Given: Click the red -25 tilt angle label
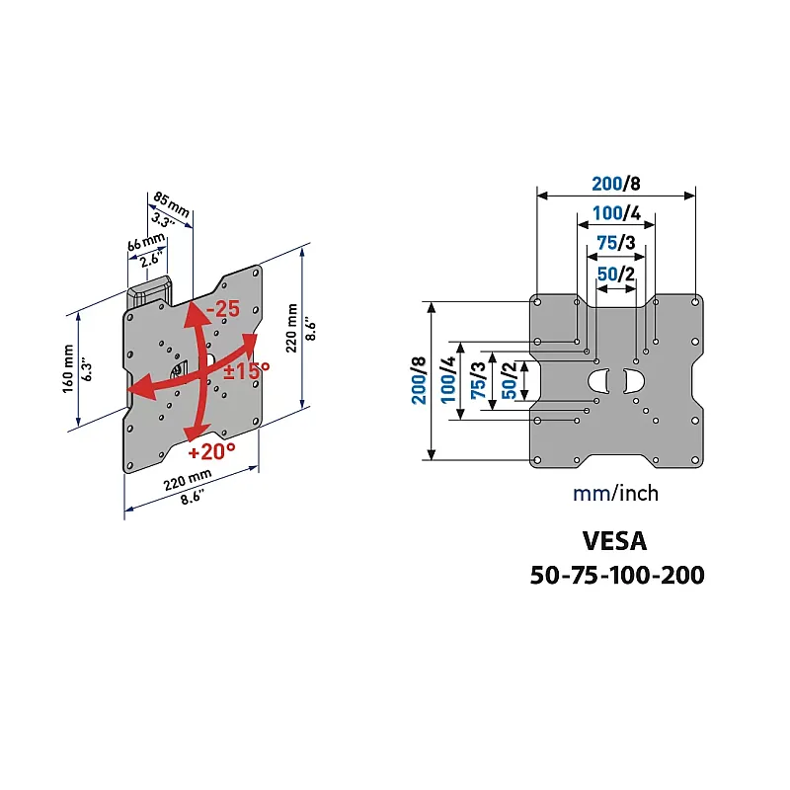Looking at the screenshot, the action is (223, 309).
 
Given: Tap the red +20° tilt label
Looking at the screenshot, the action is (211, 451).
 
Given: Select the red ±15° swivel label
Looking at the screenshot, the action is (247, 371).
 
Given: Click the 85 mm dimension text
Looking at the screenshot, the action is (171, 204).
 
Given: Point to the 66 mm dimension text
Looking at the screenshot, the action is (145, 241).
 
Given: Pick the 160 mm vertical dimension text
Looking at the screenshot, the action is (68, 368).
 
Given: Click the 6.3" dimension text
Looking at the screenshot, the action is (87, 369).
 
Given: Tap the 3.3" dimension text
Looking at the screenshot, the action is (162, 220).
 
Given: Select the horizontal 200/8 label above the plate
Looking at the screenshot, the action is (615, 184).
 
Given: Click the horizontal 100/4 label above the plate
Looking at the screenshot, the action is (616, 213).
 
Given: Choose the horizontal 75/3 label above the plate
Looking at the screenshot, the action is (615, 243).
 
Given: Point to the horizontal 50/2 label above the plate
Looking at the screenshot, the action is (615, 275).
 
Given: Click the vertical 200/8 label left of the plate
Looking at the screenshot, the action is (419, 380).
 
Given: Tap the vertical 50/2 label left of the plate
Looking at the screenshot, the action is (510, 380).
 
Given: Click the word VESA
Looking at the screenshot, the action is (614, 541).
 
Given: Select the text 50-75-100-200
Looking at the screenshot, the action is (617, 575).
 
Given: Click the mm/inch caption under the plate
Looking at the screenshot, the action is (615, 493).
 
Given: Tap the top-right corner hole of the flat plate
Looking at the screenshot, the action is (695, 302).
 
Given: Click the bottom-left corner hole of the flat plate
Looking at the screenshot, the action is (537, 460).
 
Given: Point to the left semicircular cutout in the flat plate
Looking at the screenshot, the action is (599, 381).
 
